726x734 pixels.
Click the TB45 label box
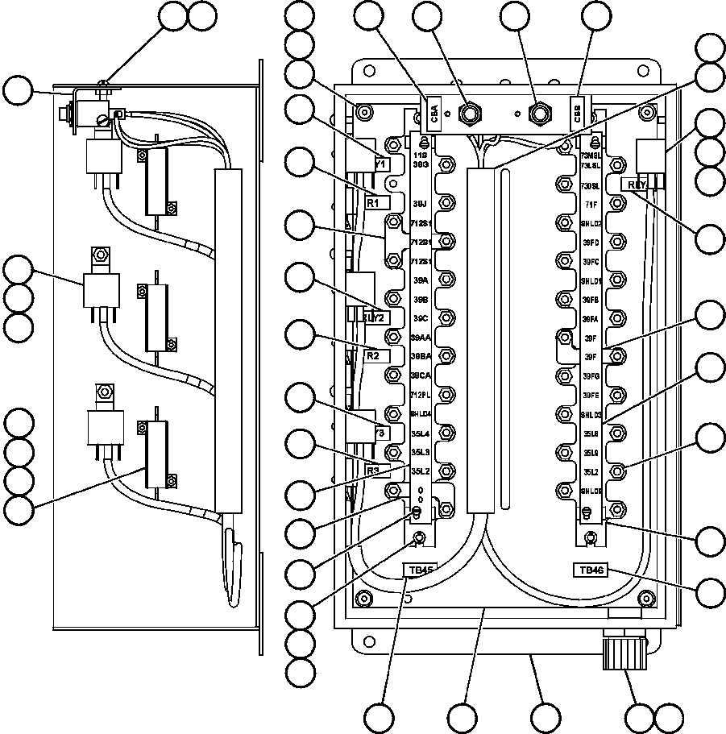(421, 570)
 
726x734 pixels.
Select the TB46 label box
(590, 570)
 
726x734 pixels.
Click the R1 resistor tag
(373, 204)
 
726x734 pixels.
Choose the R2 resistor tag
(373, 355)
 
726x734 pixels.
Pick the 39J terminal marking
(420, 204)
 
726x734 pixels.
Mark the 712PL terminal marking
(420, 395)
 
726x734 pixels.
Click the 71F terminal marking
(591, 205)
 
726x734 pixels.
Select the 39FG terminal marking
(591, 376)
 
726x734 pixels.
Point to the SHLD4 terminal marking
(420, 414)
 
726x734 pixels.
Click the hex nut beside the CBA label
(467, 110)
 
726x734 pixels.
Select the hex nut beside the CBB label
(539, 110)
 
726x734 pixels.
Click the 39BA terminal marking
(420, 356)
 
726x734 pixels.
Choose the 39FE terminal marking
(591, 396)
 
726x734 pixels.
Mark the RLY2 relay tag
(375, 317)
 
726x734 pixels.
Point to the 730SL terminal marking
(591, 185)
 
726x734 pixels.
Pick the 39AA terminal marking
(420, 338)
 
